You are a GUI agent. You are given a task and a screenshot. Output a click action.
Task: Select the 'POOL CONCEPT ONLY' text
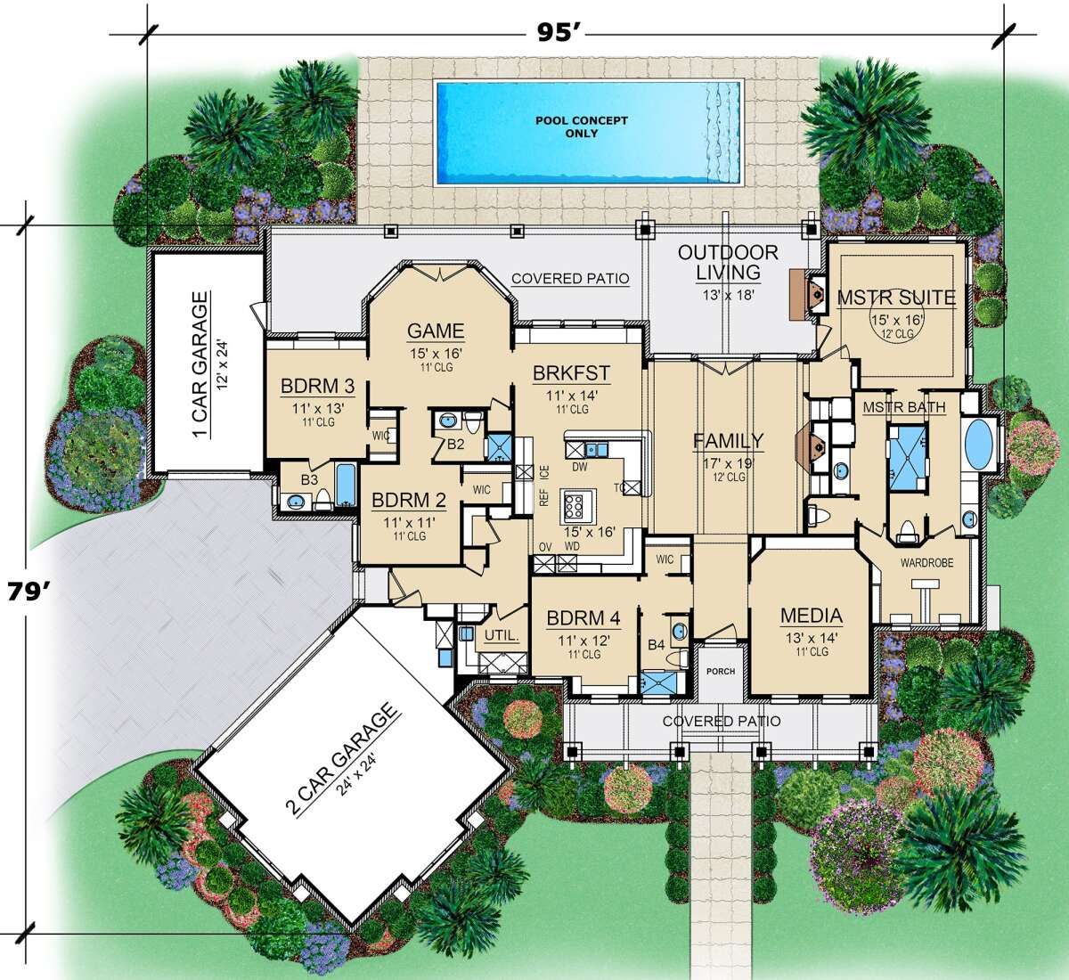click(x=582, y=127)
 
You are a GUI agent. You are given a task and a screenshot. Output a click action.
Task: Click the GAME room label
click(x=436, y=331)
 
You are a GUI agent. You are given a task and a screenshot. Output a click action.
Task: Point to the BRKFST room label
click(x=571, y=373)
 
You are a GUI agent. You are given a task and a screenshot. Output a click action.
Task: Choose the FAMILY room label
click(x=729, y=441)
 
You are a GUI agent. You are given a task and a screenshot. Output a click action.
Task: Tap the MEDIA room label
click(x=811, y=616)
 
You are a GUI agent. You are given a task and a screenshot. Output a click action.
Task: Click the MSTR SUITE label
click(x=896, y=298)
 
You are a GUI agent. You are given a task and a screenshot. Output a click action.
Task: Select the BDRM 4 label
click(x=583, y=618)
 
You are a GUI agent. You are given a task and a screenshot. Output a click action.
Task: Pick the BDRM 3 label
click(x=318, y=386)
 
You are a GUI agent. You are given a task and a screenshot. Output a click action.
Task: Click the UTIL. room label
click(x=501, y=635)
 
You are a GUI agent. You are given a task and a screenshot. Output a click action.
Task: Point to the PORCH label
click(x=721, y=671)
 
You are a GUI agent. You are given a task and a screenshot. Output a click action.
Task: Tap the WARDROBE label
click(x=926, y=562)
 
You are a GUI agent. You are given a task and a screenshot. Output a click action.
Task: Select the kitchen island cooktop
click(x=575, y=506)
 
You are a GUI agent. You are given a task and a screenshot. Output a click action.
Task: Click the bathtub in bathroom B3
click(x=346, y=484)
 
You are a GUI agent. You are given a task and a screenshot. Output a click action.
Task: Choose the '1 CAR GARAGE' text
click(x=200, y=364)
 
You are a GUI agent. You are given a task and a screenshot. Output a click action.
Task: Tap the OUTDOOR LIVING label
click(x=728, y=262)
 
